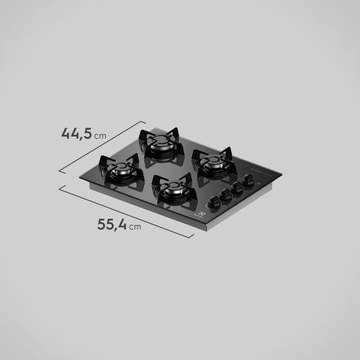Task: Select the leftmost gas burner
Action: tap(122, 171)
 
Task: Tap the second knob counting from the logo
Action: tap(226, 195)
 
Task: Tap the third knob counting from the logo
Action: tap(238, 189)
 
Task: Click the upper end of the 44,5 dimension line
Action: tap(137, 121)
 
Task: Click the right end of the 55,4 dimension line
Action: tap(192, 237)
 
